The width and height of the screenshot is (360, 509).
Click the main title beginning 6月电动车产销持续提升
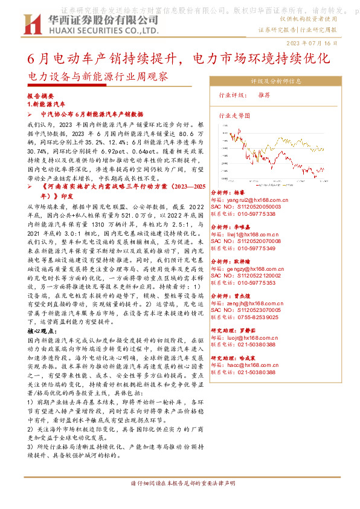pos(179,59)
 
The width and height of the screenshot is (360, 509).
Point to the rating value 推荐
pos(264,96)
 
